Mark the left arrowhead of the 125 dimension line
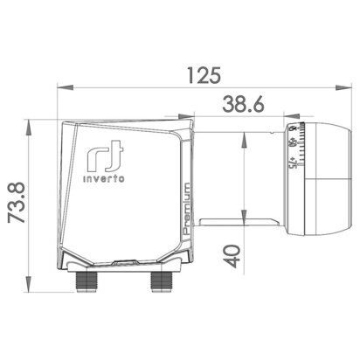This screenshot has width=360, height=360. pos(60,87)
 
